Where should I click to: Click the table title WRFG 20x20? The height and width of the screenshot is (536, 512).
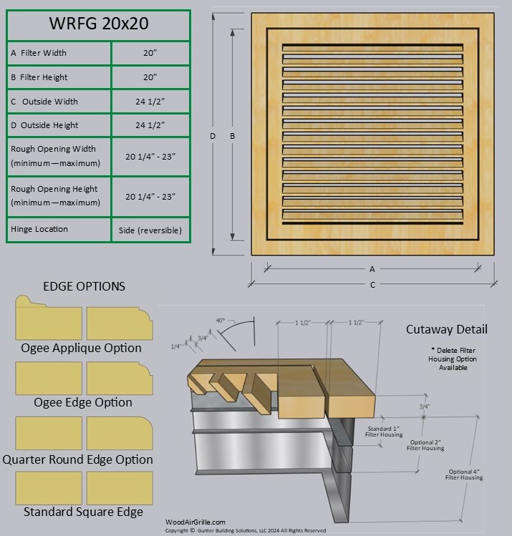click(x=98, y=24)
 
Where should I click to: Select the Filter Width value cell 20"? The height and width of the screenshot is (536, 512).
click(x=150, y=53)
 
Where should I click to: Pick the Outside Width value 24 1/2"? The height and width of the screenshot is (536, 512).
click(x=150, y=102)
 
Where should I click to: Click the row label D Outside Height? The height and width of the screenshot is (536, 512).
click(x=45, y=125)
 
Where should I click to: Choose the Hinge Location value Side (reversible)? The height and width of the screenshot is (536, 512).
click(x=150, y=230)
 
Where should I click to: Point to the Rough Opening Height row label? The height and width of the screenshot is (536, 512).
click(x=55, y=196)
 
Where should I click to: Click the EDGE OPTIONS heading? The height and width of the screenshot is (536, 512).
click(x=84, y=286)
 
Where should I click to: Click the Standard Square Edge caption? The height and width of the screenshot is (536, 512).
click(x=84, y=512)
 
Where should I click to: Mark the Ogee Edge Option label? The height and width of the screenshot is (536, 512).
click(x=84, y=403)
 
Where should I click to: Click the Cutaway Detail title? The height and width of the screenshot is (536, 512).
click(x=447, y=329)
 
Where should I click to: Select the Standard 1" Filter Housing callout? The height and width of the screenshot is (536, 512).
click(x=384, y=431)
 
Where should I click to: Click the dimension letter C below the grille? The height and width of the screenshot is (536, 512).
click(x=372, y=285)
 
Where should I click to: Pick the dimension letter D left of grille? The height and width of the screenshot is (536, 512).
click(x=213, y=136)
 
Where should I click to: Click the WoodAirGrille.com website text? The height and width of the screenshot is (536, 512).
click(x=195, y=522)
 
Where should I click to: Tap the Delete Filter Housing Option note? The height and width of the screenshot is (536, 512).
click(x=453, y=359)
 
